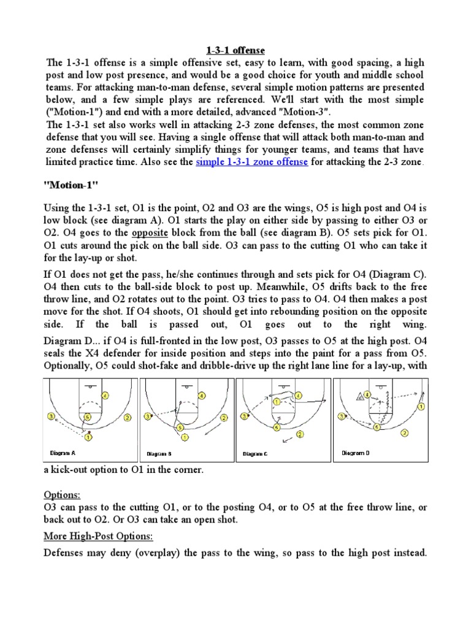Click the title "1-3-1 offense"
(234, 50)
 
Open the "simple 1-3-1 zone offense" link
(251, 161)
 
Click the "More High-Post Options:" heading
(98, 536)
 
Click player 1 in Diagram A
(88, 437)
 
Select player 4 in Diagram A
(105, 397)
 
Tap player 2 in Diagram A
(127, 418)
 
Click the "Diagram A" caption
(62, 453)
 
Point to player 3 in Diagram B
(147, 416)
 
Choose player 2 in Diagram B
(223, 418)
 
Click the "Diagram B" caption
(158, 454)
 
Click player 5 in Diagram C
(277, 427)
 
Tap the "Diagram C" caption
(255, 454)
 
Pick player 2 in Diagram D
(405, 432)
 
